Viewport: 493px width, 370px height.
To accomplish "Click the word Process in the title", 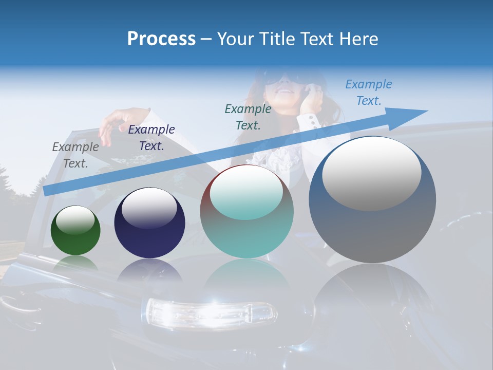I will (x=161, y=39).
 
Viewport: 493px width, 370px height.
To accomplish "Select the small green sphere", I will (x=75, y=230).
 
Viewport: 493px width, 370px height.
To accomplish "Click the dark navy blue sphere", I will (x=149, y=223).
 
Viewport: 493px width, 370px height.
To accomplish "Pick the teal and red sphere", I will (x=246, y=211).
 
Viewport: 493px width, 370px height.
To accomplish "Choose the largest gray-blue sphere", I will (x=372, y=200).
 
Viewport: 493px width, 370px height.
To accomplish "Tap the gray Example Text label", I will (x=75, y=155).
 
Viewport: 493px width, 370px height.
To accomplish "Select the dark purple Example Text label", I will (x=151, y=138).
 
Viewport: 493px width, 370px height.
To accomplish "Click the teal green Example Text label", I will (x=248, y=117).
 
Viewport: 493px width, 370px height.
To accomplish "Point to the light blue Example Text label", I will (x=369, y=92).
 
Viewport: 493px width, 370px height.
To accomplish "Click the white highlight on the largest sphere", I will (x=371, y=174).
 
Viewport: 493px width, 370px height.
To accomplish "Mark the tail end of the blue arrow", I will (x=46, y=191).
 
